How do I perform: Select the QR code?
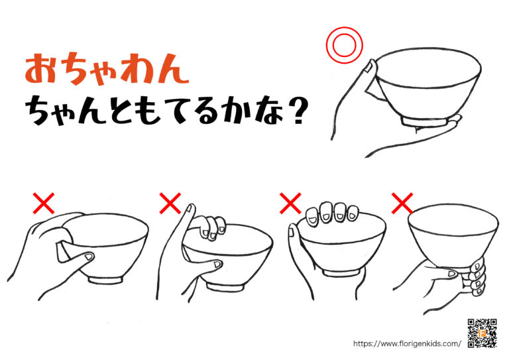click(x=482, y=333)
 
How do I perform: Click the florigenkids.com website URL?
click(x=407, y=343)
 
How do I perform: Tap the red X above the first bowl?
click(x=44, y=204)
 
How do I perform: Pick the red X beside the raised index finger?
click(x=170, y=204)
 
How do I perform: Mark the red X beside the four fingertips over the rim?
click(x=290, y=204)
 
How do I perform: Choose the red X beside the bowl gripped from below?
click(x=402, y=204)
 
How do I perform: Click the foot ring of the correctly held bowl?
click(x=425, y=121)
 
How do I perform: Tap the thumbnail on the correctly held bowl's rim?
click(x=368, y=67)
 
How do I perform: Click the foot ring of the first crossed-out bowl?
click(x=106, y=280)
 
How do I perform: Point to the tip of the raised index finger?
click(x=191, y=205)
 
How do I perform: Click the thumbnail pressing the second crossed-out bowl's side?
click(x=217, y=265)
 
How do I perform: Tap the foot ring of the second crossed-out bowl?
click(x=226, y=287)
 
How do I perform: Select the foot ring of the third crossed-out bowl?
click(x=341, y=273)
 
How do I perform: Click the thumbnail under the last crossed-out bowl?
click(x=452, y=274)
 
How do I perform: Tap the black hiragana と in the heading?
click(x=117, y=112)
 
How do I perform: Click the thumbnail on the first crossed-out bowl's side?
click(x=88, y=257)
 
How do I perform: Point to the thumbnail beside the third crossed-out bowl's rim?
click(x=292, y=232)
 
